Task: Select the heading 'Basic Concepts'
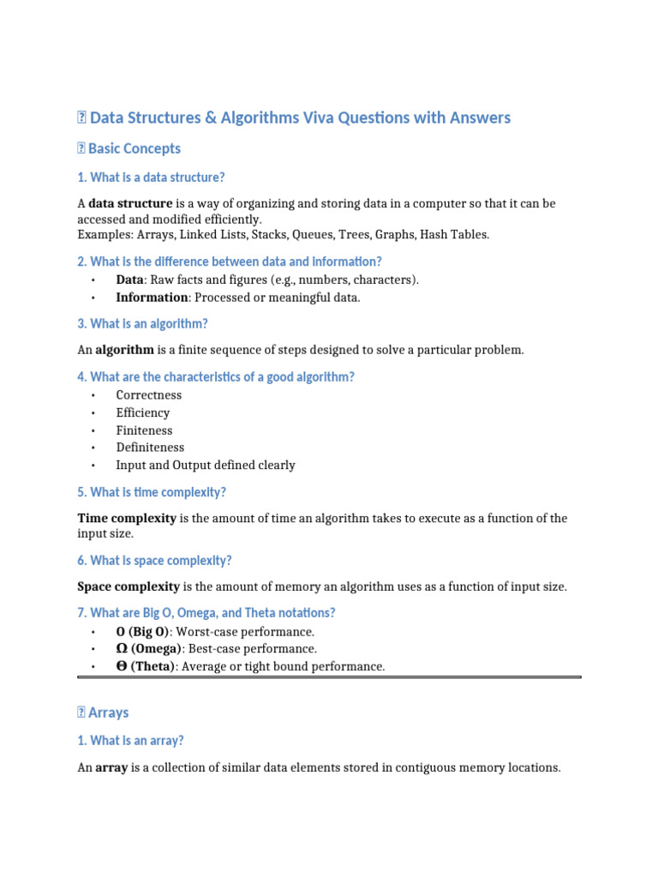(x=135, y=148)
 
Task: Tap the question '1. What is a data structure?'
(x=151, y=177)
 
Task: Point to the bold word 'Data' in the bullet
(x=130, y=280)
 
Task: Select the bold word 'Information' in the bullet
(x=152, y=298)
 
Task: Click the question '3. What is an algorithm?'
(x=142, y=324)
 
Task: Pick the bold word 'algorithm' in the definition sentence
(x=124, y=350)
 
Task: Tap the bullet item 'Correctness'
(x=149, y=395)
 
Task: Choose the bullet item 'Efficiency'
(x=143, y=412)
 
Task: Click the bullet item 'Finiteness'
(x=144, y=430)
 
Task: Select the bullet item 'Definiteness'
(x=150, y=448)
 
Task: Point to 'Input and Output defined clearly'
(x=206, y=466)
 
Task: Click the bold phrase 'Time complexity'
(x=127, y=519)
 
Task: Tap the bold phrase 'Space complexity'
(x=129, y=586)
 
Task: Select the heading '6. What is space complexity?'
(x=154, y=561)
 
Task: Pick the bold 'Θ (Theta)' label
(x=146, y=666)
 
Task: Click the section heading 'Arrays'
(x=108, y=713)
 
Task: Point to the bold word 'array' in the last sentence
(x=111, y=767)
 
